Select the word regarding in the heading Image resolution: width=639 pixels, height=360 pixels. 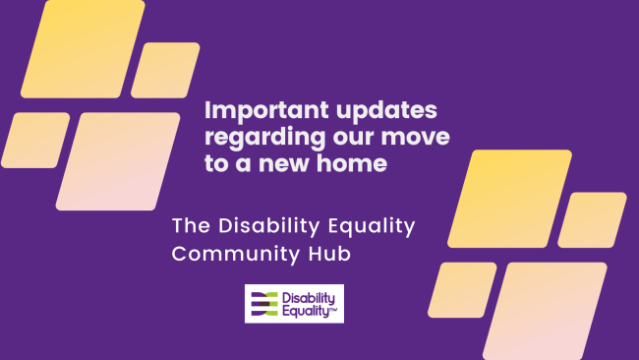(x=257, y=137)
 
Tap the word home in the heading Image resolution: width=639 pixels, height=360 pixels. (x=343, y=163)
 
